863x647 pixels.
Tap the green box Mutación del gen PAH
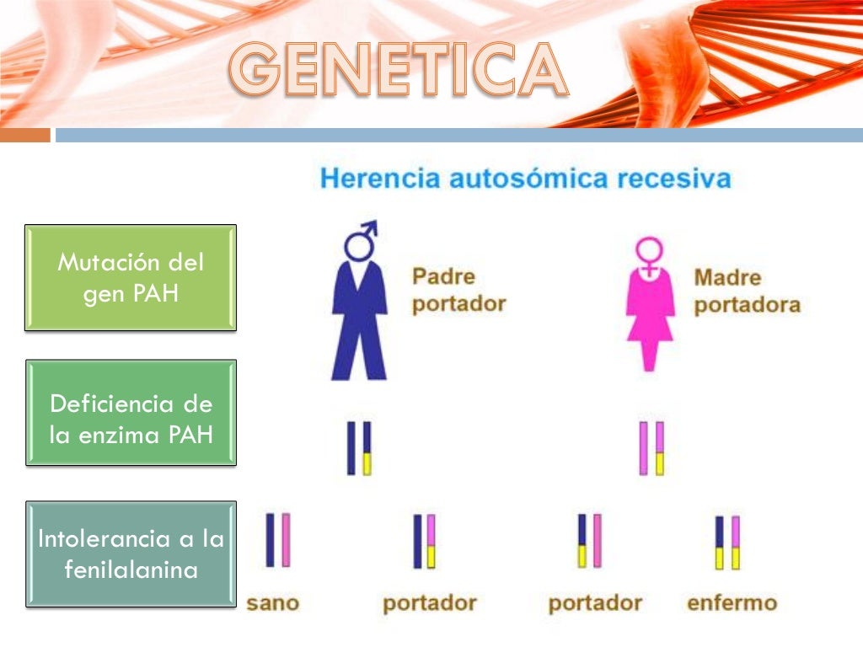[131, 277]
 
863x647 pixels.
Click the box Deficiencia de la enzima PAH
[131, 413]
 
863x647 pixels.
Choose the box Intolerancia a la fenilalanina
[131, 553]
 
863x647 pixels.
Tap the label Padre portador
[458, 290]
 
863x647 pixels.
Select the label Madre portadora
[746, 291]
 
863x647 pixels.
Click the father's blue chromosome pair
[359, 448]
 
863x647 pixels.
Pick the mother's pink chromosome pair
[651, 448]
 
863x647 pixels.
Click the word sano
[272, 603]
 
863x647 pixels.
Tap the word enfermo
[732, 603]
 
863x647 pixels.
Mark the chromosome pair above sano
[278, 540]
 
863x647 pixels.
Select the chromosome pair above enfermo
[726, 543]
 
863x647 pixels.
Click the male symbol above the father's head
[361, 240]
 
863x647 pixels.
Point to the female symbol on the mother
[650, 254]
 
